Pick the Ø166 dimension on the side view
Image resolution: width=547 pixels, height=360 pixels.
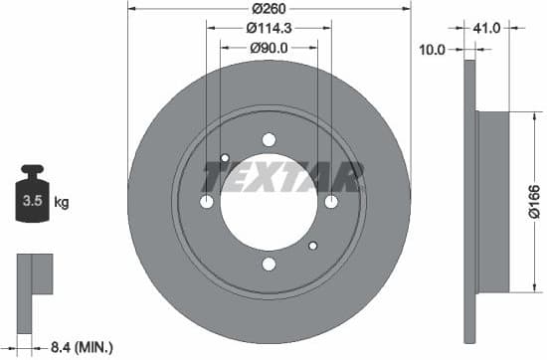pos(534,202)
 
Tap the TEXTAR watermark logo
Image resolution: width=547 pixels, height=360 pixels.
pos(282,177)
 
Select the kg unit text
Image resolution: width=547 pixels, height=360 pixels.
pos(62,204)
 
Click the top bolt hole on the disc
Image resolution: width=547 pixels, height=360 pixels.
pos(269,140)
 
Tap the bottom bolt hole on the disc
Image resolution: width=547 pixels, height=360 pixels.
pos(269,264)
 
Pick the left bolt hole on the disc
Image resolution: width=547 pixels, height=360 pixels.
pos(207,202)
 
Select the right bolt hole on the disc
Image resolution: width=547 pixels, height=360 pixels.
pos(330,202)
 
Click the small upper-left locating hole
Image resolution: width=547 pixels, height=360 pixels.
pos(225,158)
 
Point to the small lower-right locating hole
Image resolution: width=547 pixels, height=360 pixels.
pos(312,246)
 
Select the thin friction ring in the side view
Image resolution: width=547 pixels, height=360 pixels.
pos(469,202)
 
